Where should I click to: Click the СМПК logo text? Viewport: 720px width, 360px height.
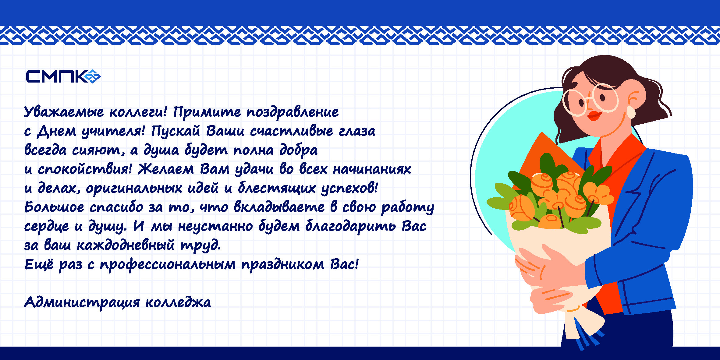57,76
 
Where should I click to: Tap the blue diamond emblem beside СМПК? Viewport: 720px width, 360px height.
92,76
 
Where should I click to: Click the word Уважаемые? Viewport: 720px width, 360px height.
64,112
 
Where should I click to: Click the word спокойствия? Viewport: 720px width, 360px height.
85,169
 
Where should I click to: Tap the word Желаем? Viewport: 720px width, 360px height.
166,169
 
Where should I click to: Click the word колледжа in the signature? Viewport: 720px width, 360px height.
178,302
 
